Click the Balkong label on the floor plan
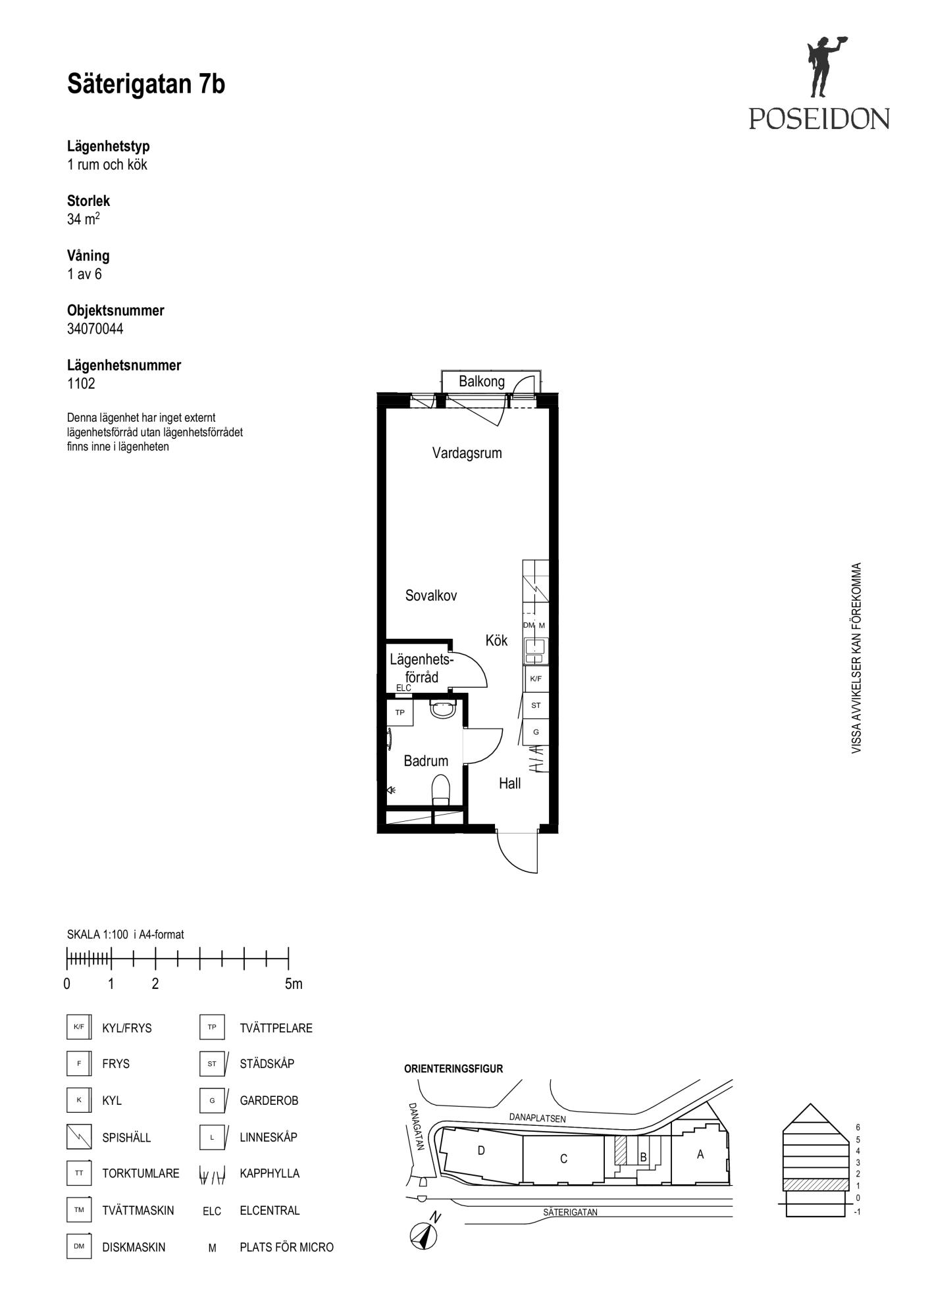481,382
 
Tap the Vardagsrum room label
467,453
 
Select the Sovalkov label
431,595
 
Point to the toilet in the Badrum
440,790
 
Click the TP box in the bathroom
400,713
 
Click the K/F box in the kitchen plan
536,678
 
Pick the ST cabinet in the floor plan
536,705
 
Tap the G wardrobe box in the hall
536,732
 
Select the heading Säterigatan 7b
146,84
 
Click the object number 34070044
95,329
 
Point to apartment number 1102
81,384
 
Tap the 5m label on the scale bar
294,984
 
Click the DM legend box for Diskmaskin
79,1246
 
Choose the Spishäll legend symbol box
79,1136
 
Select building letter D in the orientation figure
481,1150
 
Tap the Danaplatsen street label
537,1118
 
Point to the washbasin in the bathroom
442,710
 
